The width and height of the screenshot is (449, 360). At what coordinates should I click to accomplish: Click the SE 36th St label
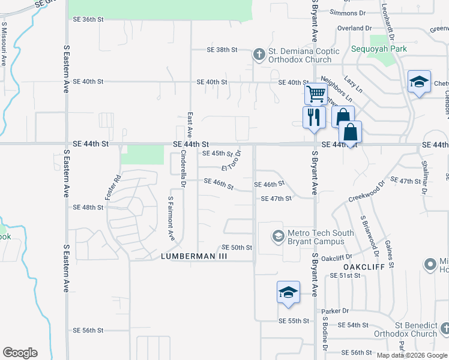tap(88, 19)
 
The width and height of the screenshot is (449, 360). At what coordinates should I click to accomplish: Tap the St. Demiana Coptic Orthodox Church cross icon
tap(259, 55)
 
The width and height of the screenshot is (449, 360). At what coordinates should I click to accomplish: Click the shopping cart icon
tap(315, 94)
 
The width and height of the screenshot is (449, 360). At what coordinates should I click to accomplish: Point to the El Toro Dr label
tap(231, 162)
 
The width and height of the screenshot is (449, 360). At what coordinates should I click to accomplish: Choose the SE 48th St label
tap(88, 207)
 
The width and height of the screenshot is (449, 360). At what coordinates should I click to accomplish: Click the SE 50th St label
tap(237, 247)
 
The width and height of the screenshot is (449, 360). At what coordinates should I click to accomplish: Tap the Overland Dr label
tap(355, 28)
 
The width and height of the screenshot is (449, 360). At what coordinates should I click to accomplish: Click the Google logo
tap(20, 352)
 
